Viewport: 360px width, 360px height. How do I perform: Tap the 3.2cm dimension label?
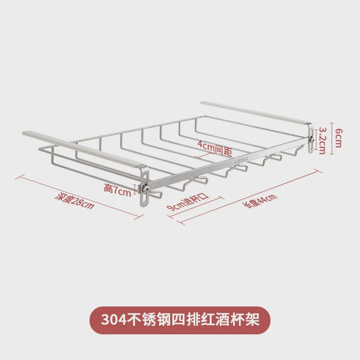coord(322,140)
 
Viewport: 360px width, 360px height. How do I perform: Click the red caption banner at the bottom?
coord(180,320)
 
